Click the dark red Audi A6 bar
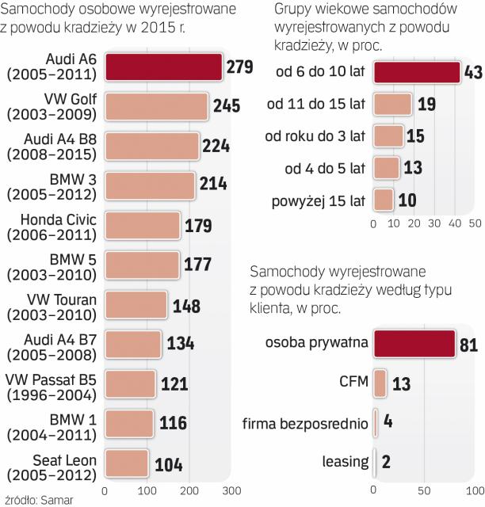pyautogui.click(x=163, y=67)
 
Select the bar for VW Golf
pyautogui.click(x=156, y=106)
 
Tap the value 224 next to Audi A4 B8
pyautogui.click(x=215, y=146)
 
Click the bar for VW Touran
pyautogui.click(x=136, y=305)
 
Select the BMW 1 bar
pyautogui.click(x=129, y=423)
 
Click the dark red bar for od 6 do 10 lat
pyautogui.click(x=417, y=72)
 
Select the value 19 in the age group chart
pyautogui.click(x=426, y=105)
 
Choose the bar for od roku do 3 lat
pyautogui.click(x=388, y=135)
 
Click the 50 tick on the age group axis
pyautogui.click(x=475, y=223)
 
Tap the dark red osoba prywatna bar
pyautogui.click(x=414, y=343)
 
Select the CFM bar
pyautogui.click(x=380, y=383)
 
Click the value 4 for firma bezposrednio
pyautogui.click(x=388, y=421)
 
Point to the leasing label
pyautogui.click(x=346, y=461)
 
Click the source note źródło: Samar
pyautogui.click(x=34, y=499)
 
